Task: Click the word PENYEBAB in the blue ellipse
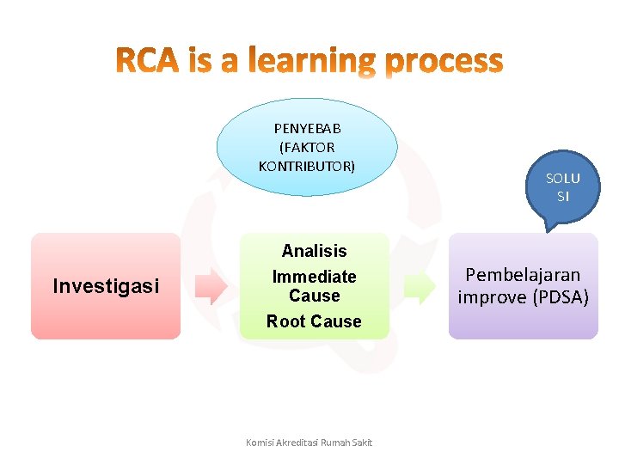click(307, 128)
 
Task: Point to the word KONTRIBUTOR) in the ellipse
click(307, 165)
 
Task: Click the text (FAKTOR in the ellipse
click(307, 147)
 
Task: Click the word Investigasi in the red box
click(106, 286)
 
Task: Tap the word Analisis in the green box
click(314, 251)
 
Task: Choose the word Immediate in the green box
click(314, 277)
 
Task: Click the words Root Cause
click(314, 321)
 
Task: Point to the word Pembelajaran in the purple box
click(523, 275)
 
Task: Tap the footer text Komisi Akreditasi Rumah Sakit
click(309, 443)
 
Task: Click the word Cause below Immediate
click(314, 296)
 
